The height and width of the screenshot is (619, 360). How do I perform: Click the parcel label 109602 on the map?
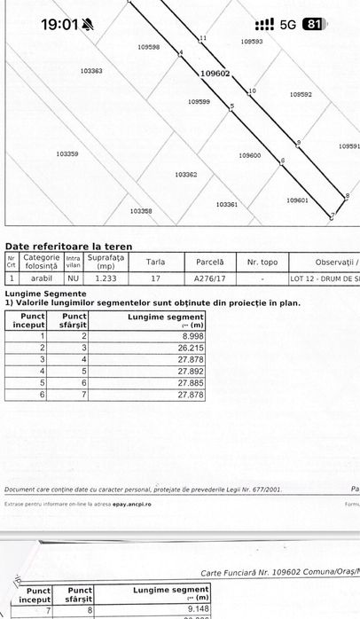point(215,74)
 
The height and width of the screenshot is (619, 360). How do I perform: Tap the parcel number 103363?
point(91,70)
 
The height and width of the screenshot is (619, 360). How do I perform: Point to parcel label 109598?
point(150,47)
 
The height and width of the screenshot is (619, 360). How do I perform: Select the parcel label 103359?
point(67,153)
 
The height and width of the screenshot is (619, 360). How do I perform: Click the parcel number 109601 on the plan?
point(297,200)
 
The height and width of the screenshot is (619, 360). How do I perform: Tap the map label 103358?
point(140,211)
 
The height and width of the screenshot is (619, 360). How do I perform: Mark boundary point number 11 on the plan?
point(203,38)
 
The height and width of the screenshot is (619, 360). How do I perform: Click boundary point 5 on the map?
point(232,106)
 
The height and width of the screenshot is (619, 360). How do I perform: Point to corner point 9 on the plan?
point(299,142)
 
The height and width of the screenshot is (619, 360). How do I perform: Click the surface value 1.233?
point(106,278)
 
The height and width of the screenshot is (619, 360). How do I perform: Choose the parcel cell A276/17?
point(210,278)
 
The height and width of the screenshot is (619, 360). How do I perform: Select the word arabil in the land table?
point(40,278)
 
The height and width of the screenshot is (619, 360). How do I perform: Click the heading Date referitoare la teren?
point(69,246)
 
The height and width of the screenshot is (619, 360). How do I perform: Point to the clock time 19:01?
point(60,24)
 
